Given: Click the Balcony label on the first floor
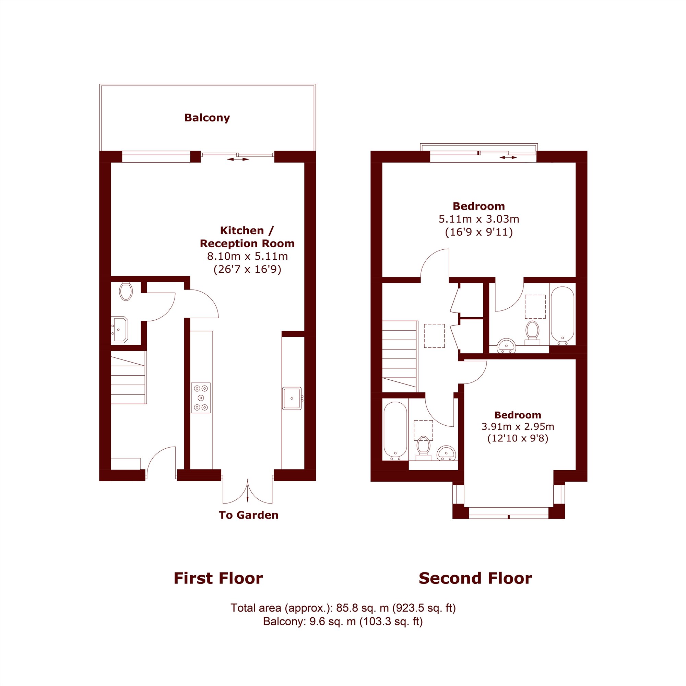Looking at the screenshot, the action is [207, 118].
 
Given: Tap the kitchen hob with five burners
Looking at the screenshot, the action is [201, 398].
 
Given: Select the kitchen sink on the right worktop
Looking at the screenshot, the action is [292, 398].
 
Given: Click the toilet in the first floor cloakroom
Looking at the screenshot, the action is [126, 291].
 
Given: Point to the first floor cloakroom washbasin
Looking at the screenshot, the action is [120, 330].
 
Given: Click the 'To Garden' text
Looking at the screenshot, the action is [249, 515].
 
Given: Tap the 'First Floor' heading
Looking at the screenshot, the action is [218, 578].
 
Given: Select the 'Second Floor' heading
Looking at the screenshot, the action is [475, 578].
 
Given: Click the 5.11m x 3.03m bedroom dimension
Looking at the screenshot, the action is [478, 219].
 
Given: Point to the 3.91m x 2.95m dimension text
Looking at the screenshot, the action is [517, 426].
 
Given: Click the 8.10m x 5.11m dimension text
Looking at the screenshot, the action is [248, 256].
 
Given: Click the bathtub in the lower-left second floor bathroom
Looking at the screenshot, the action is [395, 430].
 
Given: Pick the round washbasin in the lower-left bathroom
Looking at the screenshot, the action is [446, 453].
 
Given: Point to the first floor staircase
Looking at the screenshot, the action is [129, 377].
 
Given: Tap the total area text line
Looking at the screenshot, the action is [343, 608].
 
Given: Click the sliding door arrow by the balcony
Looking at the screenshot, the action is [238, 159].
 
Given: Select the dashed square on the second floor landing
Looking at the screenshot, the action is [434, 335].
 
